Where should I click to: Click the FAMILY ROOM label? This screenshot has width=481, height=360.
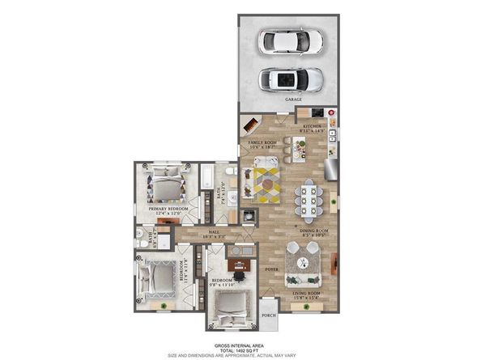tap(265, 142)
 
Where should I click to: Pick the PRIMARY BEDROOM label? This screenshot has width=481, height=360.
tap(168, 210)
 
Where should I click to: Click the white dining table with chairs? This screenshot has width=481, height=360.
tap(309, 195)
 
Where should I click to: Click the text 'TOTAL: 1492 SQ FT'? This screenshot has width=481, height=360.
tap(240, 349)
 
